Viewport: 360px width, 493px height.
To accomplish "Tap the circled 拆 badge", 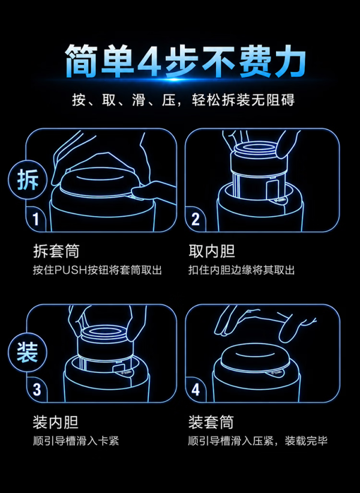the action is (28, 180).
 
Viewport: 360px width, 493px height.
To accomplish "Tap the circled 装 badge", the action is (28, 352).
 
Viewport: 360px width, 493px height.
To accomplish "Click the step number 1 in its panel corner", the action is (36, 219).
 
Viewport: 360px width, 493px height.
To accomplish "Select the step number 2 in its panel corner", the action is (196, 219).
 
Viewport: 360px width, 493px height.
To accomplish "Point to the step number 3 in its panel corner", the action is (37, 390).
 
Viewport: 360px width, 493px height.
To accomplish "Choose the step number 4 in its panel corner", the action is (196, 390).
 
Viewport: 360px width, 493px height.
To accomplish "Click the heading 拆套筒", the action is (56, 251).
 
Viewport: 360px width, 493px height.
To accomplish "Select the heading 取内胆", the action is (212, 251).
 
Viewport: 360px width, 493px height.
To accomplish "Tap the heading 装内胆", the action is (56, 422).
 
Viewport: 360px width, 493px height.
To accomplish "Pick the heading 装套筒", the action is (211, 422).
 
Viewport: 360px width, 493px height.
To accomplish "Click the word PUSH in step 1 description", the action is (71, 270).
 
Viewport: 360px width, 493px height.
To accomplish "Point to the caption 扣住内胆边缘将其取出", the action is (242, 270).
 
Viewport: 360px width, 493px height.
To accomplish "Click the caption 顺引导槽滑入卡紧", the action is (76, 441).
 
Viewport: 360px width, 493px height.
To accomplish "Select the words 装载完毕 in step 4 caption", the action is (306, 441).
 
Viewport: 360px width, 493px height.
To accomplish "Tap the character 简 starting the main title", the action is (81, 61).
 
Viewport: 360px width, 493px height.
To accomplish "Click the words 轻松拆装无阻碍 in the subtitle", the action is (244, 100).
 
